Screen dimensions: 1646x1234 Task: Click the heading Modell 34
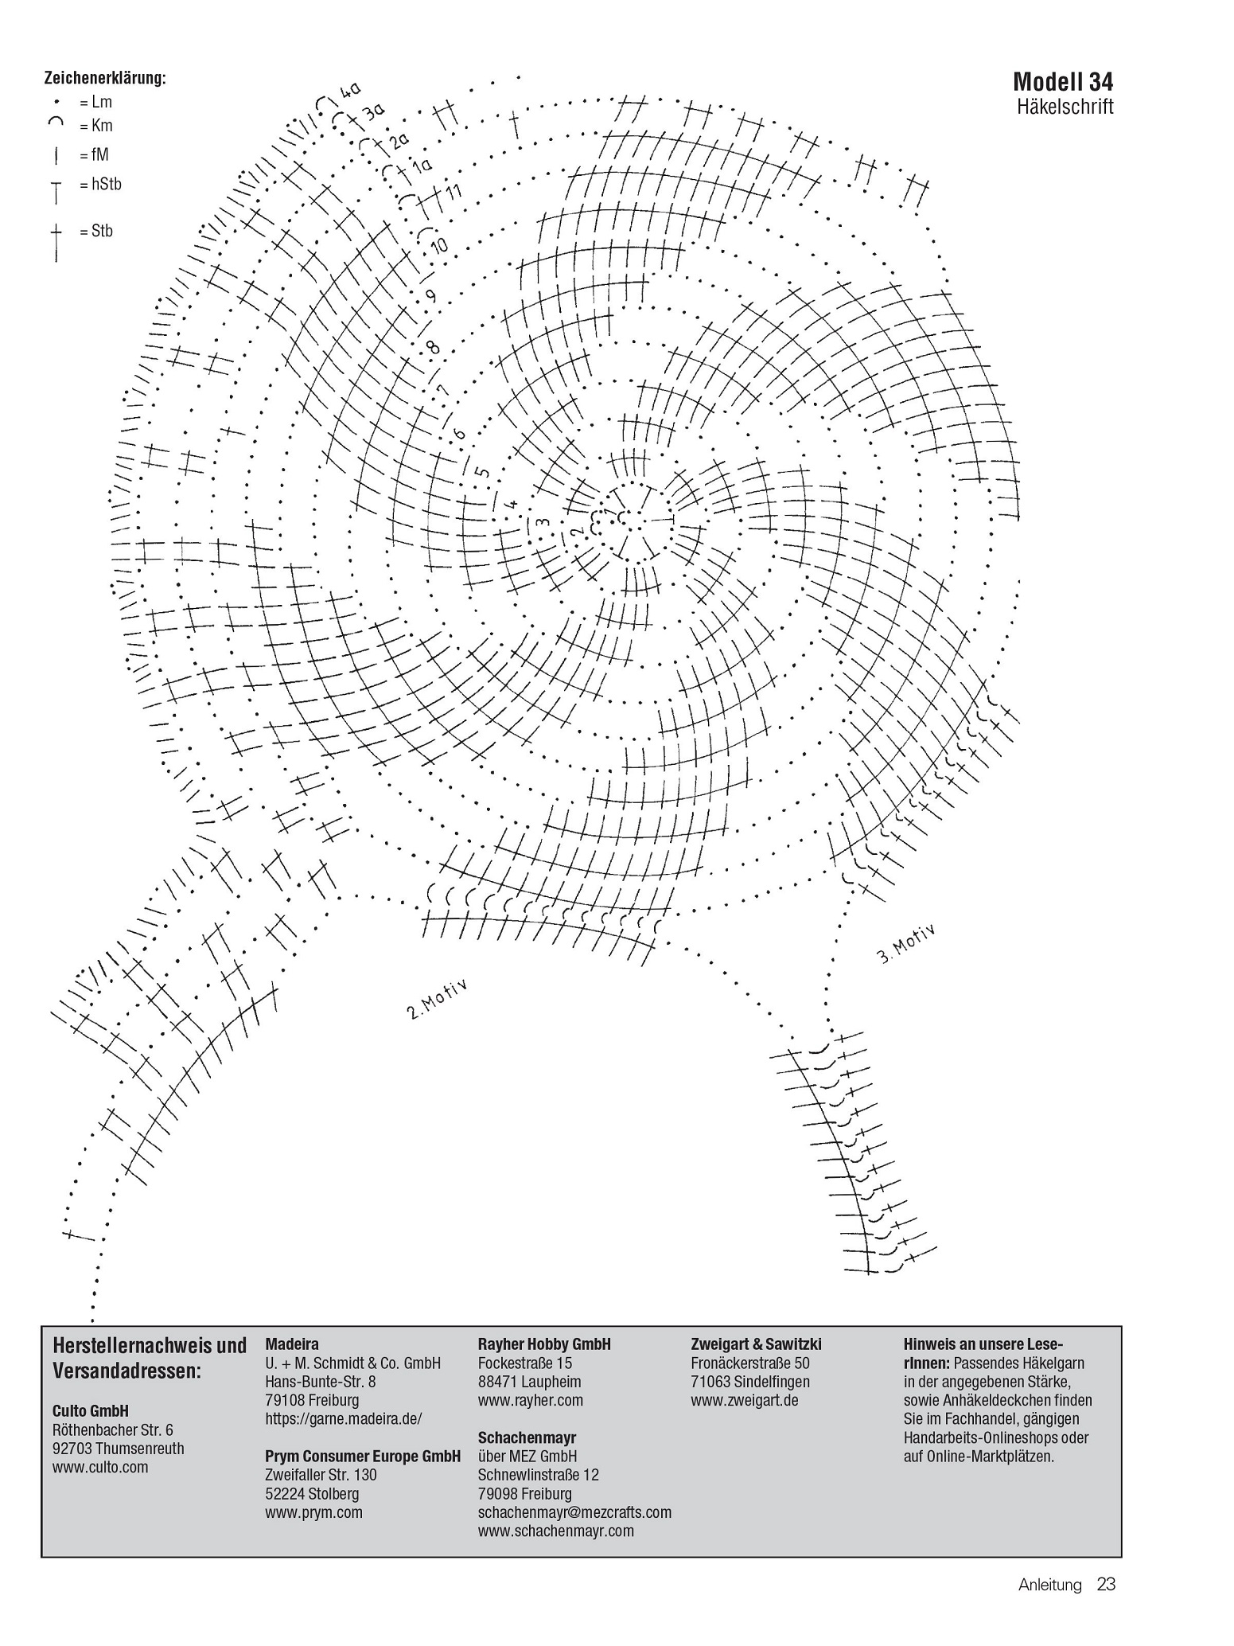pyautogui.click(x=1063, y=81)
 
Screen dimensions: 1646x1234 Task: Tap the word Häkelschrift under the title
pyautogui.click(x=1065, y=107)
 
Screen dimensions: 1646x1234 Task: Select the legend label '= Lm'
pyautogui.click(x=95, y=102)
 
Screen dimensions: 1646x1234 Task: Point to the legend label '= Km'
pyautogui.click(x=95, y=126)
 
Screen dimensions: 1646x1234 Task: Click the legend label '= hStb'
pyautogui.click(x=100, y=185)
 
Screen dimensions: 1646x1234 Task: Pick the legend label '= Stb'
pyautogui.click(x=95, y=232)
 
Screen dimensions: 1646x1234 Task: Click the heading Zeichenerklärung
pyautogui.click(x=105, y=78)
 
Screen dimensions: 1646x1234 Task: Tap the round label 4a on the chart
pyautogui.click(x=350, y=91)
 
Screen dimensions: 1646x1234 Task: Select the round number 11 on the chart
pyautogui.click(x=454, y=193)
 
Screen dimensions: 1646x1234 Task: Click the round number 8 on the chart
pyautogui.click(x=432, y=347)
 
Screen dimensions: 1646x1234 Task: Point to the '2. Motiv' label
pyautogui.click(x=437, y=1000)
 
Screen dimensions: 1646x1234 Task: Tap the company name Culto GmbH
pyautogui.click(x=91, y=1411)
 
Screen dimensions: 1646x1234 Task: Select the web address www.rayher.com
pyautogui.click(x=530, y=1400)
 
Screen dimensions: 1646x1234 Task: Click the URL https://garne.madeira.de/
pyautogui.click(x=343, y=1418)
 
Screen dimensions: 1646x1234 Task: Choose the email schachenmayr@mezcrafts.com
pyautogui.click(x=574, y=1512)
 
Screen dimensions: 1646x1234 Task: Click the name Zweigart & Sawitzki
pyautogui.click(x=756, y=1344)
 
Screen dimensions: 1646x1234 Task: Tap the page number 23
pyautogui.click(x=1106, y=1606)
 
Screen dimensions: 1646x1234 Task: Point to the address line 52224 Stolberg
pyautogui.click(x=312, y=1494)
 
